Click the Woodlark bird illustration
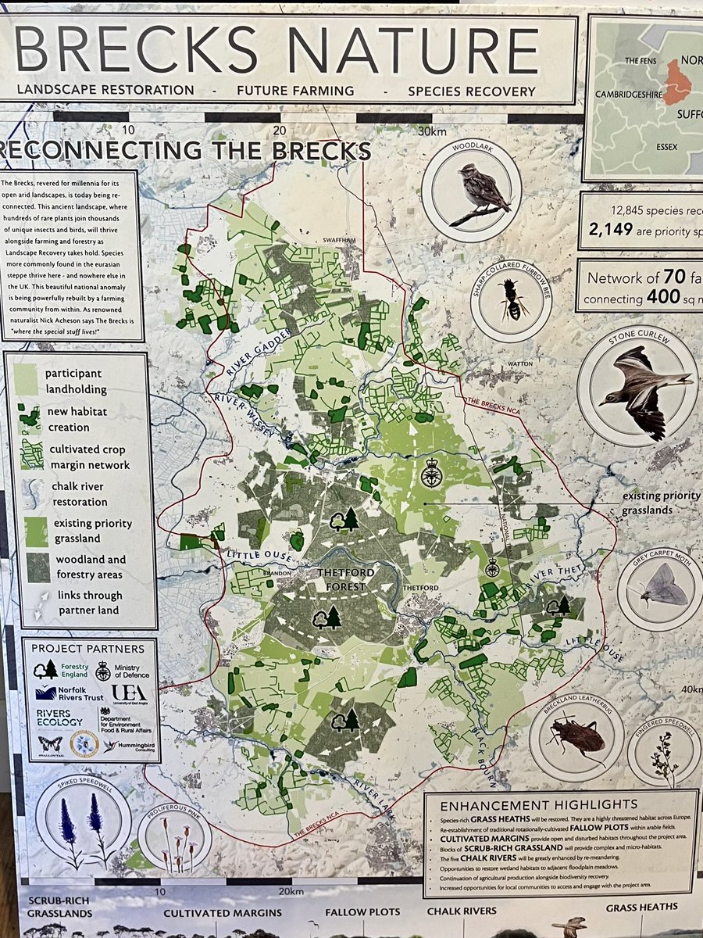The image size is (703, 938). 482,191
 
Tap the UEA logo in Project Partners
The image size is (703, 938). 128,693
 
